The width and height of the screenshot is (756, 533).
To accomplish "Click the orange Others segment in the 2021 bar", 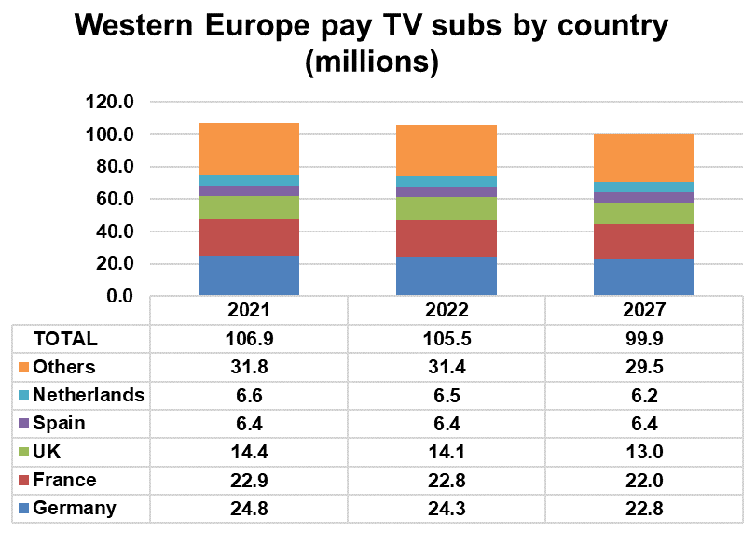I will (x=249, y=148).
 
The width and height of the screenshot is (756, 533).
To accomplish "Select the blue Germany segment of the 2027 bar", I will (x=644, y=277).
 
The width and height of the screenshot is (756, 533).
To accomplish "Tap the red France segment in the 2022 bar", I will (x=447, y=238).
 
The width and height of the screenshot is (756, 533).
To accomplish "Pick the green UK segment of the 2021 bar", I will (x=249, y=207).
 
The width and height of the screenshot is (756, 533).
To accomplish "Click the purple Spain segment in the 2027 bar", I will (x=644, y=197).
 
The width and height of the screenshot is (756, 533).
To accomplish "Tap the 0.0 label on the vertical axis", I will (x=120, y=296).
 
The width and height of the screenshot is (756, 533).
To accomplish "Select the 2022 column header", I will (x=447, y=311).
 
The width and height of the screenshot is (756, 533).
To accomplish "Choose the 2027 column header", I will (x=644, y=311).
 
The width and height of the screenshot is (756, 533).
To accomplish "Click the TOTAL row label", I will (x=65, y=339).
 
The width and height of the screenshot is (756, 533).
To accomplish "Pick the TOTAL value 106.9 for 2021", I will (x=249, y=339).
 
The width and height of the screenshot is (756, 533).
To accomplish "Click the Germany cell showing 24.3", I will (x=447, y=509).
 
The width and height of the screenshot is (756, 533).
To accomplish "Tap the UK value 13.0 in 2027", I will (x=644, y=452).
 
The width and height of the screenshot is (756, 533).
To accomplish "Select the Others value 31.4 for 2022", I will (x=447, y=367).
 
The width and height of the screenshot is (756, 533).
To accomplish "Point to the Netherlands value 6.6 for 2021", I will (x=249, y=395).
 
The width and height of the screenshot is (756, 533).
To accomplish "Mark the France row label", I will (x=64, y=480).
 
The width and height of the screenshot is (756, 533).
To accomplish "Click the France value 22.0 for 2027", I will (x=644, y=480).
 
